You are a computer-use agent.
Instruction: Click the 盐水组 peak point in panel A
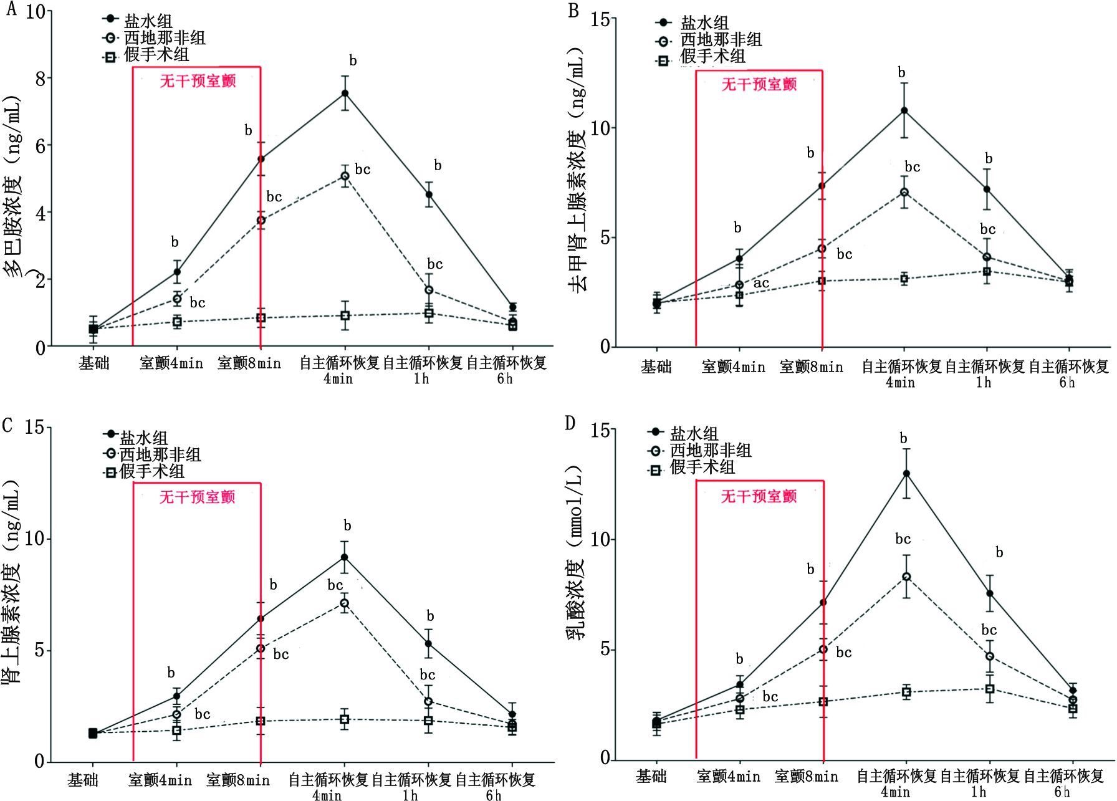(x=344, y=94)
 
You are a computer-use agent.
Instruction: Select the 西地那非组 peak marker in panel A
(x=344, y=176)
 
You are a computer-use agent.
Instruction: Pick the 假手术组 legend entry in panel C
(x=144, y=472)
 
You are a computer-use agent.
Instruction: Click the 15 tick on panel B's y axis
(x=599, y=19)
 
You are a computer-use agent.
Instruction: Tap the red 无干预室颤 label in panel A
(x=198, y=81)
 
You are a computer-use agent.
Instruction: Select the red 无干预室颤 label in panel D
(x=759, y=496)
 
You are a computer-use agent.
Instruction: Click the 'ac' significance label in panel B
(x=761, y=284)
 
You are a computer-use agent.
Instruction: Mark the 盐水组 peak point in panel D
(x=906, y=474)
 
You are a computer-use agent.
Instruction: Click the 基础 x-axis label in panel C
(x=83, y=780)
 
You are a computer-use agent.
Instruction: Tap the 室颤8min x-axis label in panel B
(x=811, y=367)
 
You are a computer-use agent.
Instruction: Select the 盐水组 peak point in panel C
(x=344, y=557)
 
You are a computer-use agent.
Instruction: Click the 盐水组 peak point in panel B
(x=904, y=111)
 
